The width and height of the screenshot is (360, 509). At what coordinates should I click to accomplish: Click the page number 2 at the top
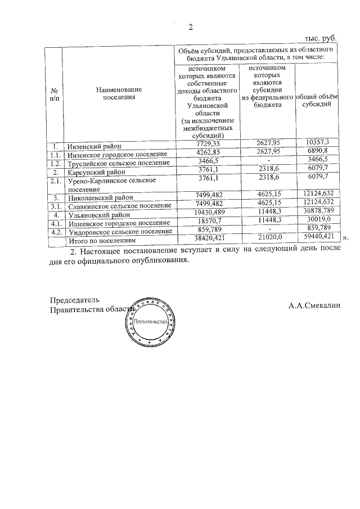click(x=191, y=27)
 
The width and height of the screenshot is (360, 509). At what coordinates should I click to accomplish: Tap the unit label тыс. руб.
click(x=321, y=38)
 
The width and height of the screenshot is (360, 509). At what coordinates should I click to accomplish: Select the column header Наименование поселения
click(x=119, y=93)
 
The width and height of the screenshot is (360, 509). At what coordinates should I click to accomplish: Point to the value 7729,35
click(x=205, y=144)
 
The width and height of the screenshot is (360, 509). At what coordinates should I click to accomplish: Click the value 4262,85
click(x=205, y=152)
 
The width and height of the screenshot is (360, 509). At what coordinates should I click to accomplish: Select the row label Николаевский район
click(x=100, y=198)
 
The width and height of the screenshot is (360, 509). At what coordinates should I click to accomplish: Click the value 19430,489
click(x=205, y=214)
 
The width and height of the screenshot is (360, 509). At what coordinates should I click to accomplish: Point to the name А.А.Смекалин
click(x=314, y=306)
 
